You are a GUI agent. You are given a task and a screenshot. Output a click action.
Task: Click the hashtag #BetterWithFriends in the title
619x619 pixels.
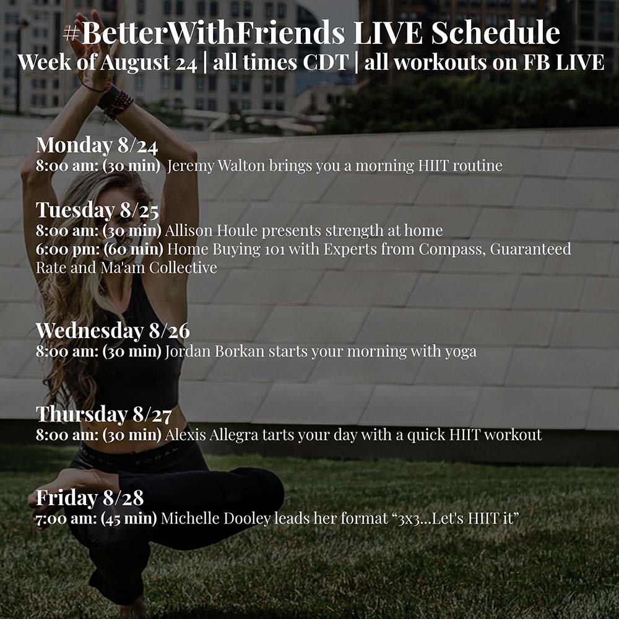tap(204, 33)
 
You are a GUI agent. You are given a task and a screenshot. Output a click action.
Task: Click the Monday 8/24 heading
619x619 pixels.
tap(97, 145)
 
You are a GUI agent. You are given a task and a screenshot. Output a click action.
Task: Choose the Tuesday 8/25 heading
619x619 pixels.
tap(98, 210)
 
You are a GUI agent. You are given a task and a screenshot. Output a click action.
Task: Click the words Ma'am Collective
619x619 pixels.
tap(158, 267)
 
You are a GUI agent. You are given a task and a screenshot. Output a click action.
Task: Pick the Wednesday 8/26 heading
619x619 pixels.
tap(113, 331)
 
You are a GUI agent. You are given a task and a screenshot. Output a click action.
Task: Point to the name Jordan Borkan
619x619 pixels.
tap(215, 352)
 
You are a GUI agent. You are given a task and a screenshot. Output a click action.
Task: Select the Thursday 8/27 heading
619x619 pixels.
tap(104, 414)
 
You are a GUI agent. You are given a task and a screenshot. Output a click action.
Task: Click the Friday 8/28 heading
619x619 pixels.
tap(90, 498)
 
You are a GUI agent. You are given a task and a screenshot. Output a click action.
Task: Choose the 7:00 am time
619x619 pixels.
tap(66, 518)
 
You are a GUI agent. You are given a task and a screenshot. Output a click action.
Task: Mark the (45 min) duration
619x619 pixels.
tap(129, 518)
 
